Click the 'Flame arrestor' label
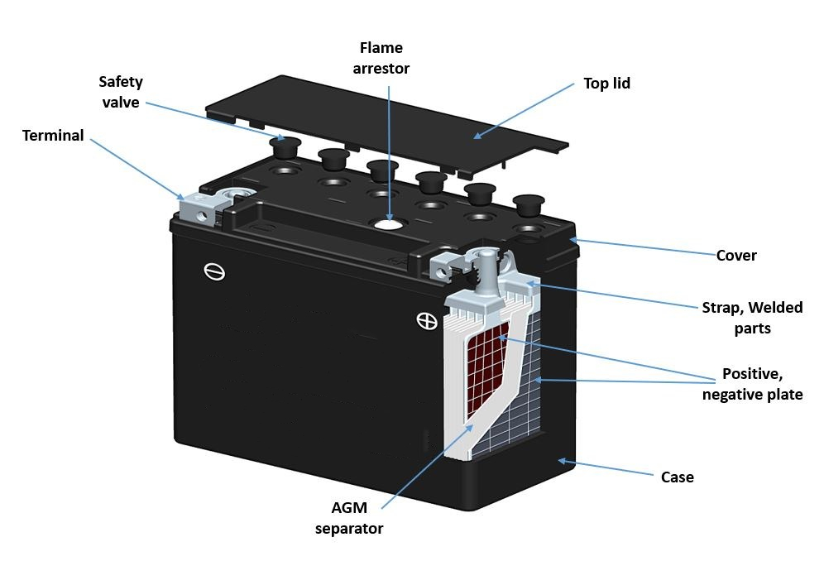point(381,58)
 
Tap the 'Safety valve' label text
point(121,92)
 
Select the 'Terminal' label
point(53,135)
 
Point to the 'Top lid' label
point(606,83)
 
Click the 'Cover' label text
point(735,255)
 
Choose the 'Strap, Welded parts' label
point(751,318)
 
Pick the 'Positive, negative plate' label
point(751,383)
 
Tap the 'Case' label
point(677,477)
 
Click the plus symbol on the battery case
point(427,321)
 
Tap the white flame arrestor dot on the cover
point(386,223)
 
